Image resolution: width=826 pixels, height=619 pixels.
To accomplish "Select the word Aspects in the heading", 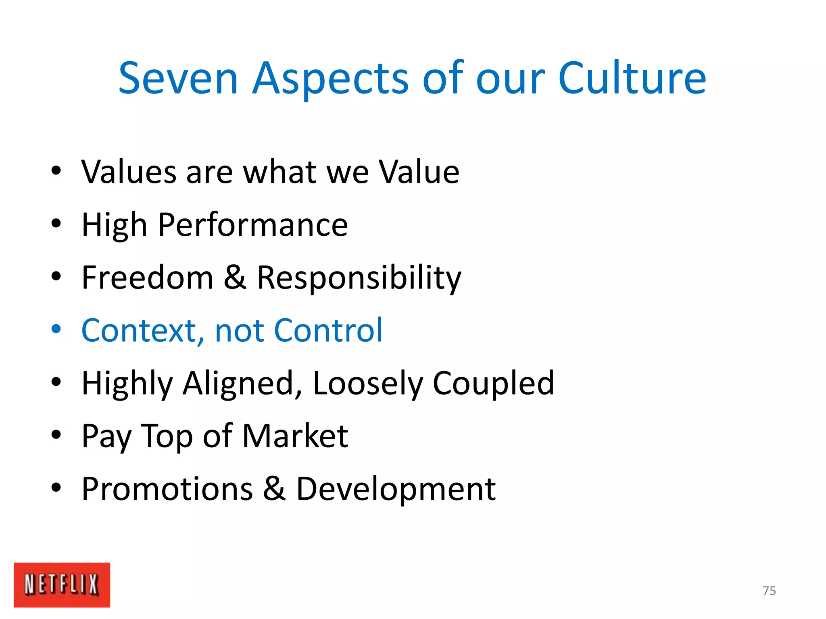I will tap(331, 79).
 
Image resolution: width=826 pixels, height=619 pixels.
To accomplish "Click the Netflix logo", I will tap(62, 584).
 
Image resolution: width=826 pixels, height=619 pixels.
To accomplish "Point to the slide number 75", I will tap(769, 591).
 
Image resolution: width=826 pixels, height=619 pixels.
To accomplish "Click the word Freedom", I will tap(147, 278).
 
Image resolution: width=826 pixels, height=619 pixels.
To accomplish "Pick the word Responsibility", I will tap(359, 278).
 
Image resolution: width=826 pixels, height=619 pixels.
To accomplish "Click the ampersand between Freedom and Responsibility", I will tap(235, 278).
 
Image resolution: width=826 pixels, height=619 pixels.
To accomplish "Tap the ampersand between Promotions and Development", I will tap(274, 489).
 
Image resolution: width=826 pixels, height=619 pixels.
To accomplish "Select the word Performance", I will tap(253, 225).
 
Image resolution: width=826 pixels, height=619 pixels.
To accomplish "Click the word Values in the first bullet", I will tap(129, 172).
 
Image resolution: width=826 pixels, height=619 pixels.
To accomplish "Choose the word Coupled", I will tap(493, 384).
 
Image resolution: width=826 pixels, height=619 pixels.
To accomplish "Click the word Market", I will tap(295, 436).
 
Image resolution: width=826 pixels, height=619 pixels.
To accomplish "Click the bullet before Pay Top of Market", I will tap(56, 435).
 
